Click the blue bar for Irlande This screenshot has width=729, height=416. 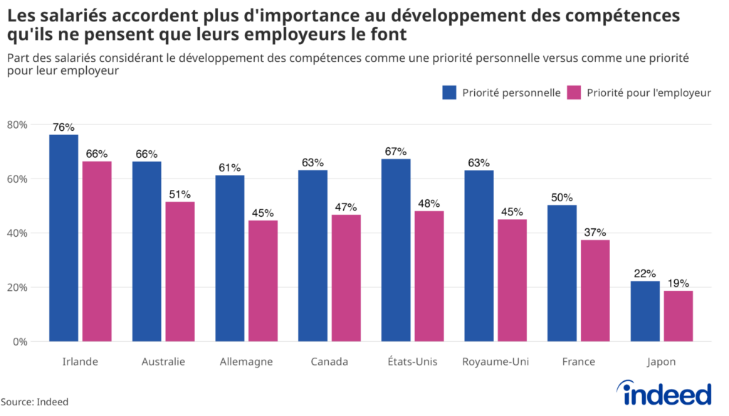(63, 238)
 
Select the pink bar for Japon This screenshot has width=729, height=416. (678, 316)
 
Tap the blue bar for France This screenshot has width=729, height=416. (562, 273)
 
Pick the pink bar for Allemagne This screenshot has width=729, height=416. (263, 281)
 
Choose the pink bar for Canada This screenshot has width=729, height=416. (345, 278)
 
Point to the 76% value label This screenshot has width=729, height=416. (63, 127)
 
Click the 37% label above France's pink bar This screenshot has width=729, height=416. (594, 233)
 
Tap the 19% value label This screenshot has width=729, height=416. (678, 283)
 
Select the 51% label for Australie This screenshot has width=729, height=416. (179, 194)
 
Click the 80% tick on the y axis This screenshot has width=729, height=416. (16, 125)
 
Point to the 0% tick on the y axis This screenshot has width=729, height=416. (19, 342)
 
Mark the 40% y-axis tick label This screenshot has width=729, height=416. (16, 233)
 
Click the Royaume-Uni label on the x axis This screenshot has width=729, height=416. (495, 362)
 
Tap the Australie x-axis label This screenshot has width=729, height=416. (163, 362)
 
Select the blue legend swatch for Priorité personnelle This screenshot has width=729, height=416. (449, 92)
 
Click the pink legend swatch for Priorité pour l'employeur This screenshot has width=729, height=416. (574, 92)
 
